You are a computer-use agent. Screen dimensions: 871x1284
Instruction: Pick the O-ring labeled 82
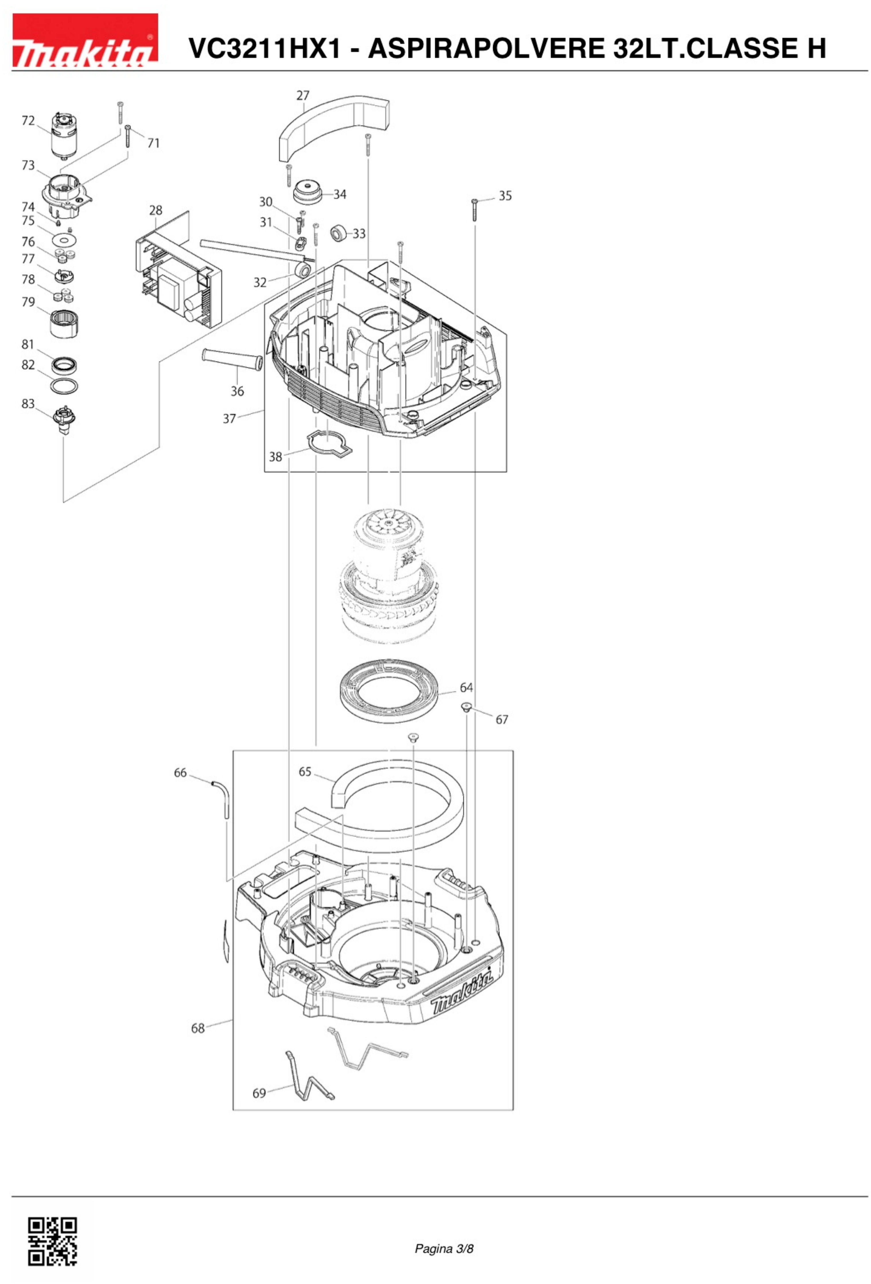(x=64, y=386)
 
